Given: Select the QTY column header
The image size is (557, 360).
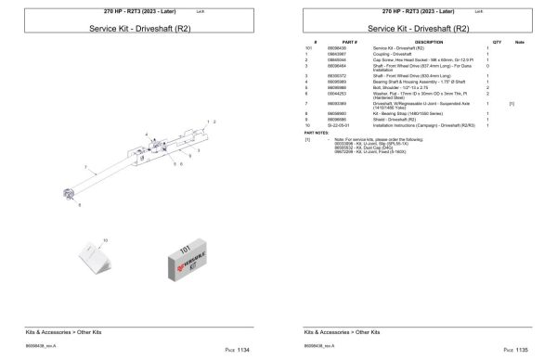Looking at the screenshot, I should tap(497, 42).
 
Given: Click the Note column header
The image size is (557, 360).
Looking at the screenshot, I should tap(519, 42).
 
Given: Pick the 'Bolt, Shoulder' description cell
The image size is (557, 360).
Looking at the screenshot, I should tap(394, 87).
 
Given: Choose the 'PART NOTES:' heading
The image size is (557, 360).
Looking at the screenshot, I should tap(316, 132).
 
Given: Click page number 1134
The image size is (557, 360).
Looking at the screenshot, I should tap(242, 350).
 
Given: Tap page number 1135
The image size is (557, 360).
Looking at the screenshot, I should tap(521, 350).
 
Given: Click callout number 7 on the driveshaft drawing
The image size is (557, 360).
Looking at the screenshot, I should tap(86, 168).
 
